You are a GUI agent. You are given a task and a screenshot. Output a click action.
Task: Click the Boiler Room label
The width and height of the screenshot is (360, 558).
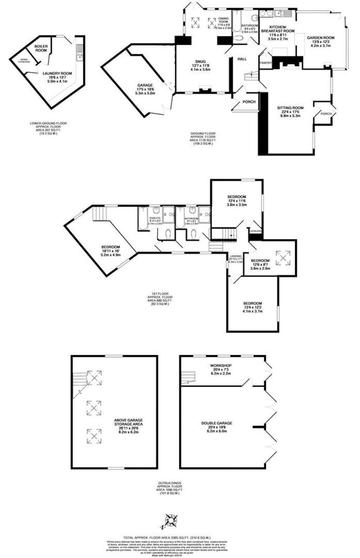40,48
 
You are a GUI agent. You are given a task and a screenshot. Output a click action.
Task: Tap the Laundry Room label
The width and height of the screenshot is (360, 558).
57,73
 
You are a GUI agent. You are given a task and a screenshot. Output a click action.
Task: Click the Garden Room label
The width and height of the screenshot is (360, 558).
320,38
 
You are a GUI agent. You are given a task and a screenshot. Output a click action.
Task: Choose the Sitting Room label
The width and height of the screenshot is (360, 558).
290,108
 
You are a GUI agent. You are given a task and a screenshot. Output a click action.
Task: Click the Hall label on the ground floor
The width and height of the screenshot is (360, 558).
242,59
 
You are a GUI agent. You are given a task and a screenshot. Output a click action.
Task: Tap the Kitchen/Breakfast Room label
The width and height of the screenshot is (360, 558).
278,29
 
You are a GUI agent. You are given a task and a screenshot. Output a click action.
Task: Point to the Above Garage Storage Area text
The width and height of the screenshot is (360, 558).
128,422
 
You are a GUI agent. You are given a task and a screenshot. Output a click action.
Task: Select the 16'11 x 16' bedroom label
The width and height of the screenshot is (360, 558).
110,247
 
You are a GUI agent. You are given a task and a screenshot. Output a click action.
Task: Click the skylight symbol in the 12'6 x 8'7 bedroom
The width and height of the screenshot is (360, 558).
283,257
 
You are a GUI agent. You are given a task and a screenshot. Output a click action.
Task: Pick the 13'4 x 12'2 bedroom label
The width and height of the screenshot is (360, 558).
253,303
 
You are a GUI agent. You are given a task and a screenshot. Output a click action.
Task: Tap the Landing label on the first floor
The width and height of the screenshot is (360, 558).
235,256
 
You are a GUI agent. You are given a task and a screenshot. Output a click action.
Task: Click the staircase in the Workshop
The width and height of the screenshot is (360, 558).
188,377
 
